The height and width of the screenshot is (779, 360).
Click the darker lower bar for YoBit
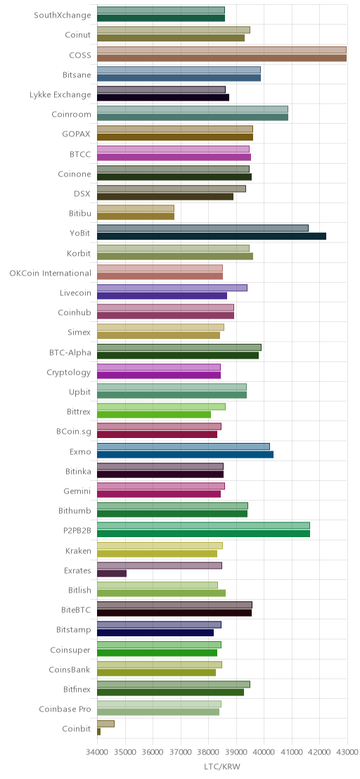point(212,236)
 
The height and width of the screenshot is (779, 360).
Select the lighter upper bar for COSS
point(221,50)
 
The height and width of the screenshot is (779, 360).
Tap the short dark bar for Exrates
point(112,573)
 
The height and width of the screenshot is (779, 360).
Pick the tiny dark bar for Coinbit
point(99,732)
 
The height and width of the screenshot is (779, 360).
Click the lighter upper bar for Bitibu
point(136,208)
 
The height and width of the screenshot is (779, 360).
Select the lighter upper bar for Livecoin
point(172,288)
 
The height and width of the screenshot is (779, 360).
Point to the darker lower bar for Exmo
point(185,454)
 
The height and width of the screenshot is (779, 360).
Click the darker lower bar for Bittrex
point(154,414)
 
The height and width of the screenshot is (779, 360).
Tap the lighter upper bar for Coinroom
point(193,109)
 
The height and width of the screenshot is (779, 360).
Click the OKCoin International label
point(51,273)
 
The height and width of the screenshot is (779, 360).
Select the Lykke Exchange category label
point(60,94)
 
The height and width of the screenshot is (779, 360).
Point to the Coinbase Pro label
point(65,709)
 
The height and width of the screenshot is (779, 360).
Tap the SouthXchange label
point(63,15)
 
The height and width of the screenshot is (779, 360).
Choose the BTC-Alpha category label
point(70,352)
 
